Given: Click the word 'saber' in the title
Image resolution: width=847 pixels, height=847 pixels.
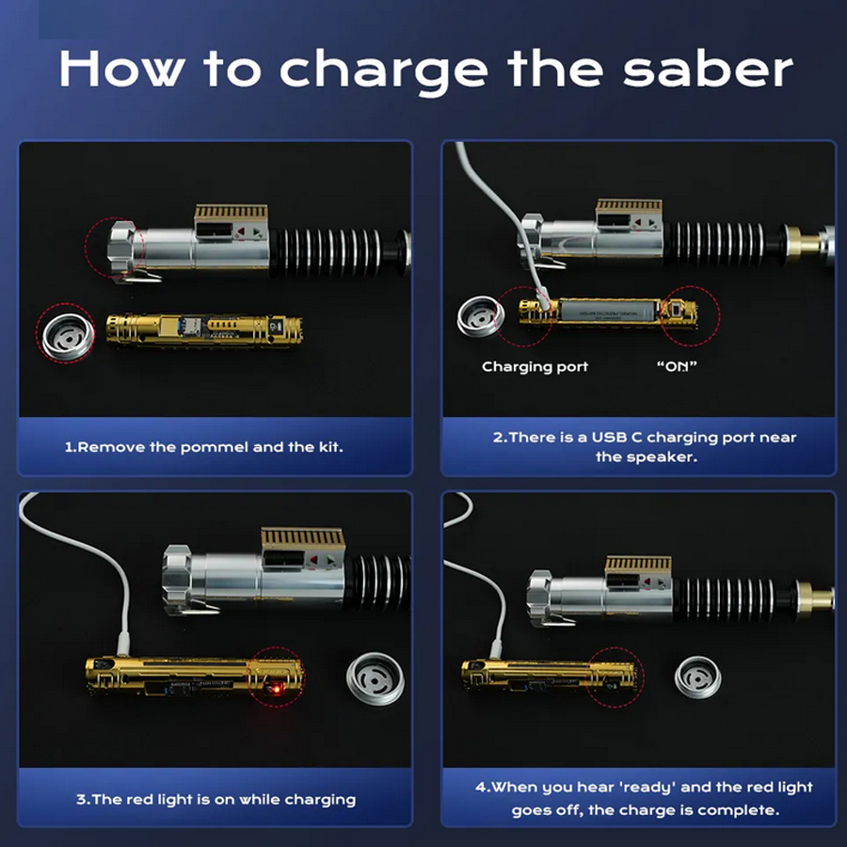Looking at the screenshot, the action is point(708,70).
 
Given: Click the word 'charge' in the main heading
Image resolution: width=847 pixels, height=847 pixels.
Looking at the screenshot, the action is point(384,72).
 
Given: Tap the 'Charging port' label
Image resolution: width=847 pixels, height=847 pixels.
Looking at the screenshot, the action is point(535,367).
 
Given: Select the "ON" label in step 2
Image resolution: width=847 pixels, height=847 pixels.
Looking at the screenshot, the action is point(677,366).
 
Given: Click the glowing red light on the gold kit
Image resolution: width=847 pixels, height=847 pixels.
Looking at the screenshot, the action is point(275,688).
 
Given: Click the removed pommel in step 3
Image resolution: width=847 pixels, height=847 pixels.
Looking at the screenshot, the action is point(375,679).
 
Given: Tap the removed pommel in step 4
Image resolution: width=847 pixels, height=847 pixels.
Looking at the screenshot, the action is point(698,678).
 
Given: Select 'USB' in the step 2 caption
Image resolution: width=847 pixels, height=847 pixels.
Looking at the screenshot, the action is point(609,437).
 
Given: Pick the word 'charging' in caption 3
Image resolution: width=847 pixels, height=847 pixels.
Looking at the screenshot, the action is point(320,800).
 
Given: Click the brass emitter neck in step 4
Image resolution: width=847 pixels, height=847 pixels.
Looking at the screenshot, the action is point(814,598).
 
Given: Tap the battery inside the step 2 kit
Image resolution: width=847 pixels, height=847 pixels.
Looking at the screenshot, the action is point(609,313).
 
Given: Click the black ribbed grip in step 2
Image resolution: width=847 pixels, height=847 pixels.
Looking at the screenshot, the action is point(719,243).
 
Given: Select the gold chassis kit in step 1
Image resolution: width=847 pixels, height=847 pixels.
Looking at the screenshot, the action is point(204,329).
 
